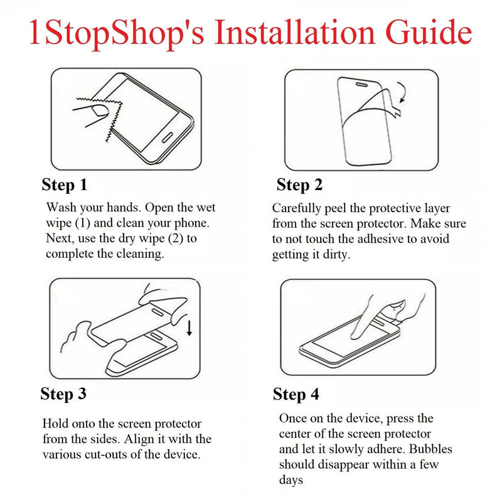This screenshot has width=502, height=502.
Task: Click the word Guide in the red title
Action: [x=429, y=32]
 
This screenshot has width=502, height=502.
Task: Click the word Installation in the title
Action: [x=294, y=32]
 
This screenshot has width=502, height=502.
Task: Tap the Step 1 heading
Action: [x=65, y=185]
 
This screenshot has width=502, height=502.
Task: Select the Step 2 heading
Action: [x=299, y=185]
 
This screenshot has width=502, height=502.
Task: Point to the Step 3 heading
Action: [x=63, y=394]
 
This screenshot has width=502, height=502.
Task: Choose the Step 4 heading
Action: [x=296, y=394]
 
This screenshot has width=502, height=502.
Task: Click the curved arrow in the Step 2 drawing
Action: [x=403, y=92]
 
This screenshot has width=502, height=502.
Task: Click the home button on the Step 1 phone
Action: [x=168, y=137]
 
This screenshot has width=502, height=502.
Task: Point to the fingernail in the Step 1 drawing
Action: [x=100, y=110]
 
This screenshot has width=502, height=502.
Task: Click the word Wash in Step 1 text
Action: [x=61, y=208]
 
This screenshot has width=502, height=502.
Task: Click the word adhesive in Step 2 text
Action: [x=382, y=239]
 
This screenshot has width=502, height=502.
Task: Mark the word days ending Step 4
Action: [x=291, y=480]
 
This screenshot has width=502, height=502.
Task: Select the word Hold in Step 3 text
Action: [x=55, y=424]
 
